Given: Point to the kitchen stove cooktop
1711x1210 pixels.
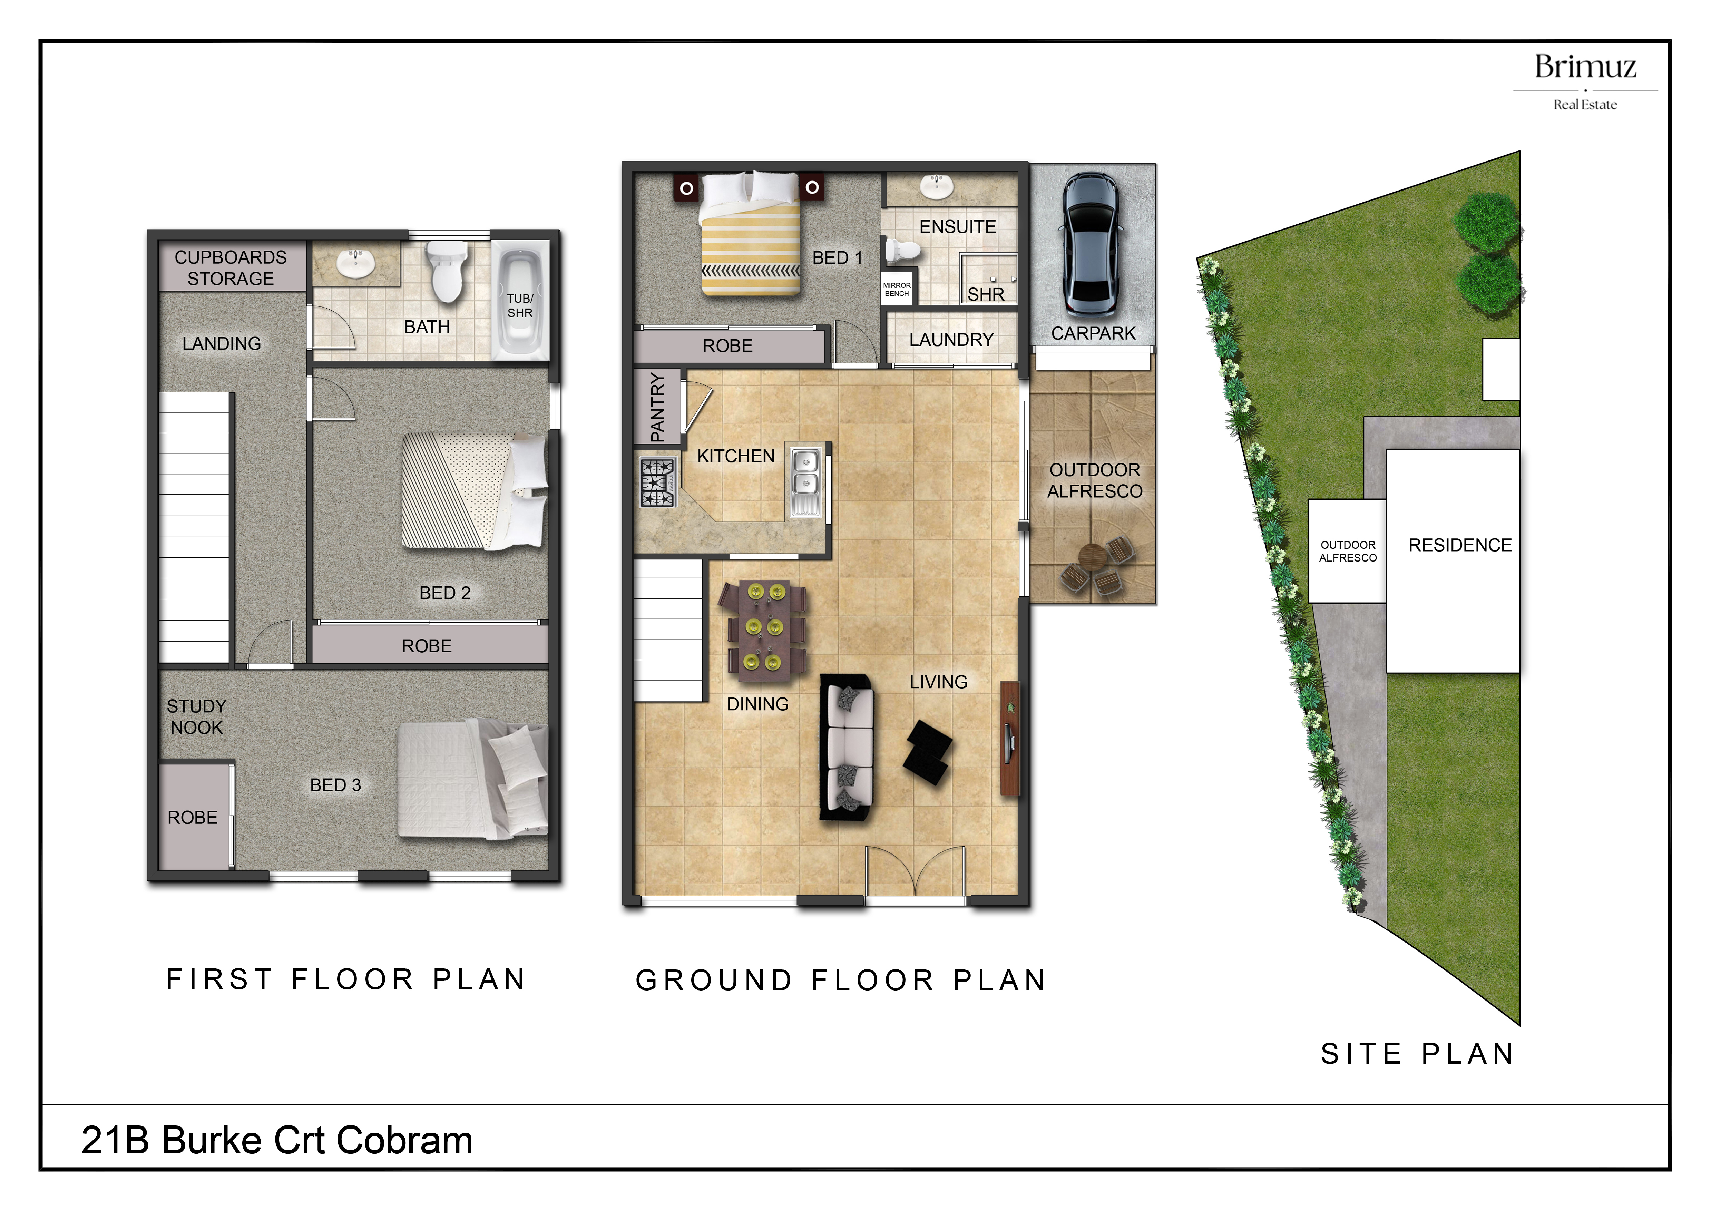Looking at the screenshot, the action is (x=656, y=483).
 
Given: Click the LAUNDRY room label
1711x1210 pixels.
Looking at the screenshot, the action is (x=951, y=340).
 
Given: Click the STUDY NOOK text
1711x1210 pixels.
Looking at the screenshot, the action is (x=197, y=717).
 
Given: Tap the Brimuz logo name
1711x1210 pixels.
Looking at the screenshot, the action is (x=1585, y=67).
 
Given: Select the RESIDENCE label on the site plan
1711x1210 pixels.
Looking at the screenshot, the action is (x=1460, y=545).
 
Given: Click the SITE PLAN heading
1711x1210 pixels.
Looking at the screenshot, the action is (x=1417, y=1054).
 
